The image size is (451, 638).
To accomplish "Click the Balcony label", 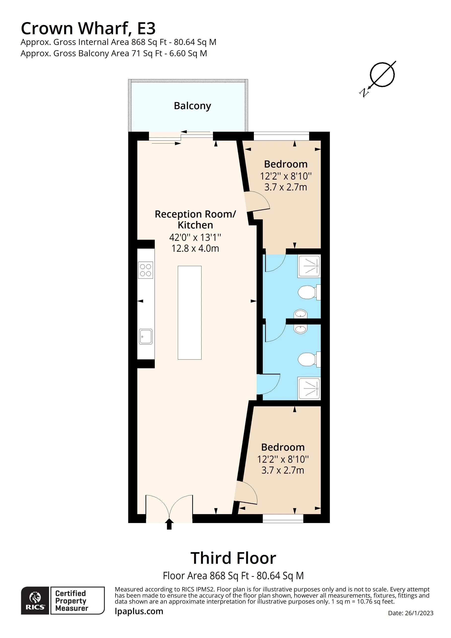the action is click(x=192, y=106).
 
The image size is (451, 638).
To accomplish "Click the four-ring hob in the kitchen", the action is click(x=146, y=270).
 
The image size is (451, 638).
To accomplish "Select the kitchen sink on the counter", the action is click(x=146, y=336).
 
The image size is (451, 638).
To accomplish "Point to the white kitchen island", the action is click(x=189, y=313).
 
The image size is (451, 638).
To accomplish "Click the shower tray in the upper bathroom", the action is click(x=309, y=266).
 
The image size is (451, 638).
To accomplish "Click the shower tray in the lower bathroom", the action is click(x=309, y=389).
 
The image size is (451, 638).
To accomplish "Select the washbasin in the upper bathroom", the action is click(x=301, y=314).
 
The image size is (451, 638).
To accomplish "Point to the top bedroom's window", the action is click(x=281, y=136).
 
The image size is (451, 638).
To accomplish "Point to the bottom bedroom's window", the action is click(x=283, y=518).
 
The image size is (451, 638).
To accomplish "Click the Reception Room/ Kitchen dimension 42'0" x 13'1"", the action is click(x=195, y=238).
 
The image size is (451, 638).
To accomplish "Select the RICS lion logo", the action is click(x=35, y=601).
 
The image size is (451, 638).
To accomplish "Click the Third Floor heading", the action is click(x=233, y=558).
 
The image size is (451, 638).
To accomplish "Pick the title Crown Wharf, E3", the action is click(x=88, y=28).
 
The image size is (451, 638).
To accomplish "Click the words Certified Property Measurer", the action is click(x=72, y=601).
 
